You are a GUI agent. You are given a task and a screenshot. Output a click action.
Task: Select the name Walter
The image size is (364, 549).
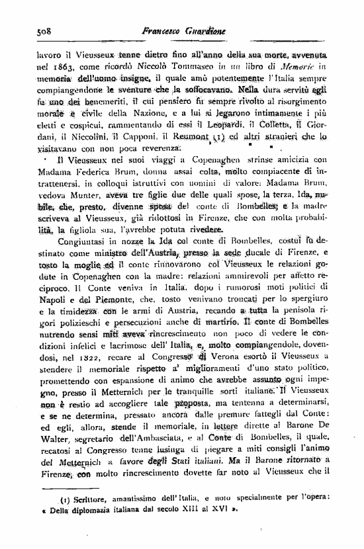50,447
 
